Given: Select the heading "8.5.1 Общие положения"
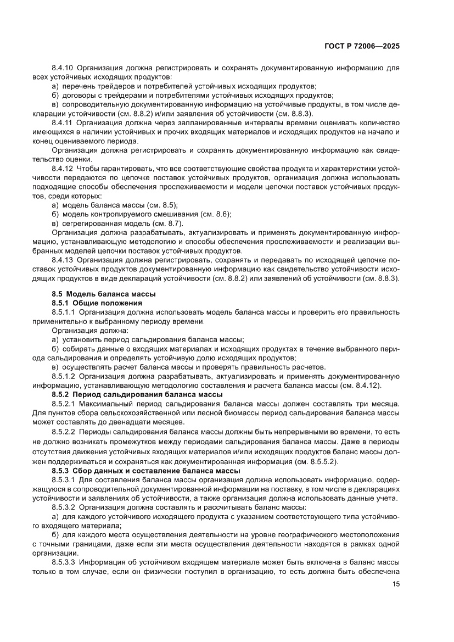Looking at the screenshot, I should point(97,303).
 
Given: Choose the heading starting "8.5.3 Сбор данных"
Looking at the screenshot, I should point(146,471).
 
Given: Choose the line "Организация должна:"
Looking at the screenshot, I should point(90,331).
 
